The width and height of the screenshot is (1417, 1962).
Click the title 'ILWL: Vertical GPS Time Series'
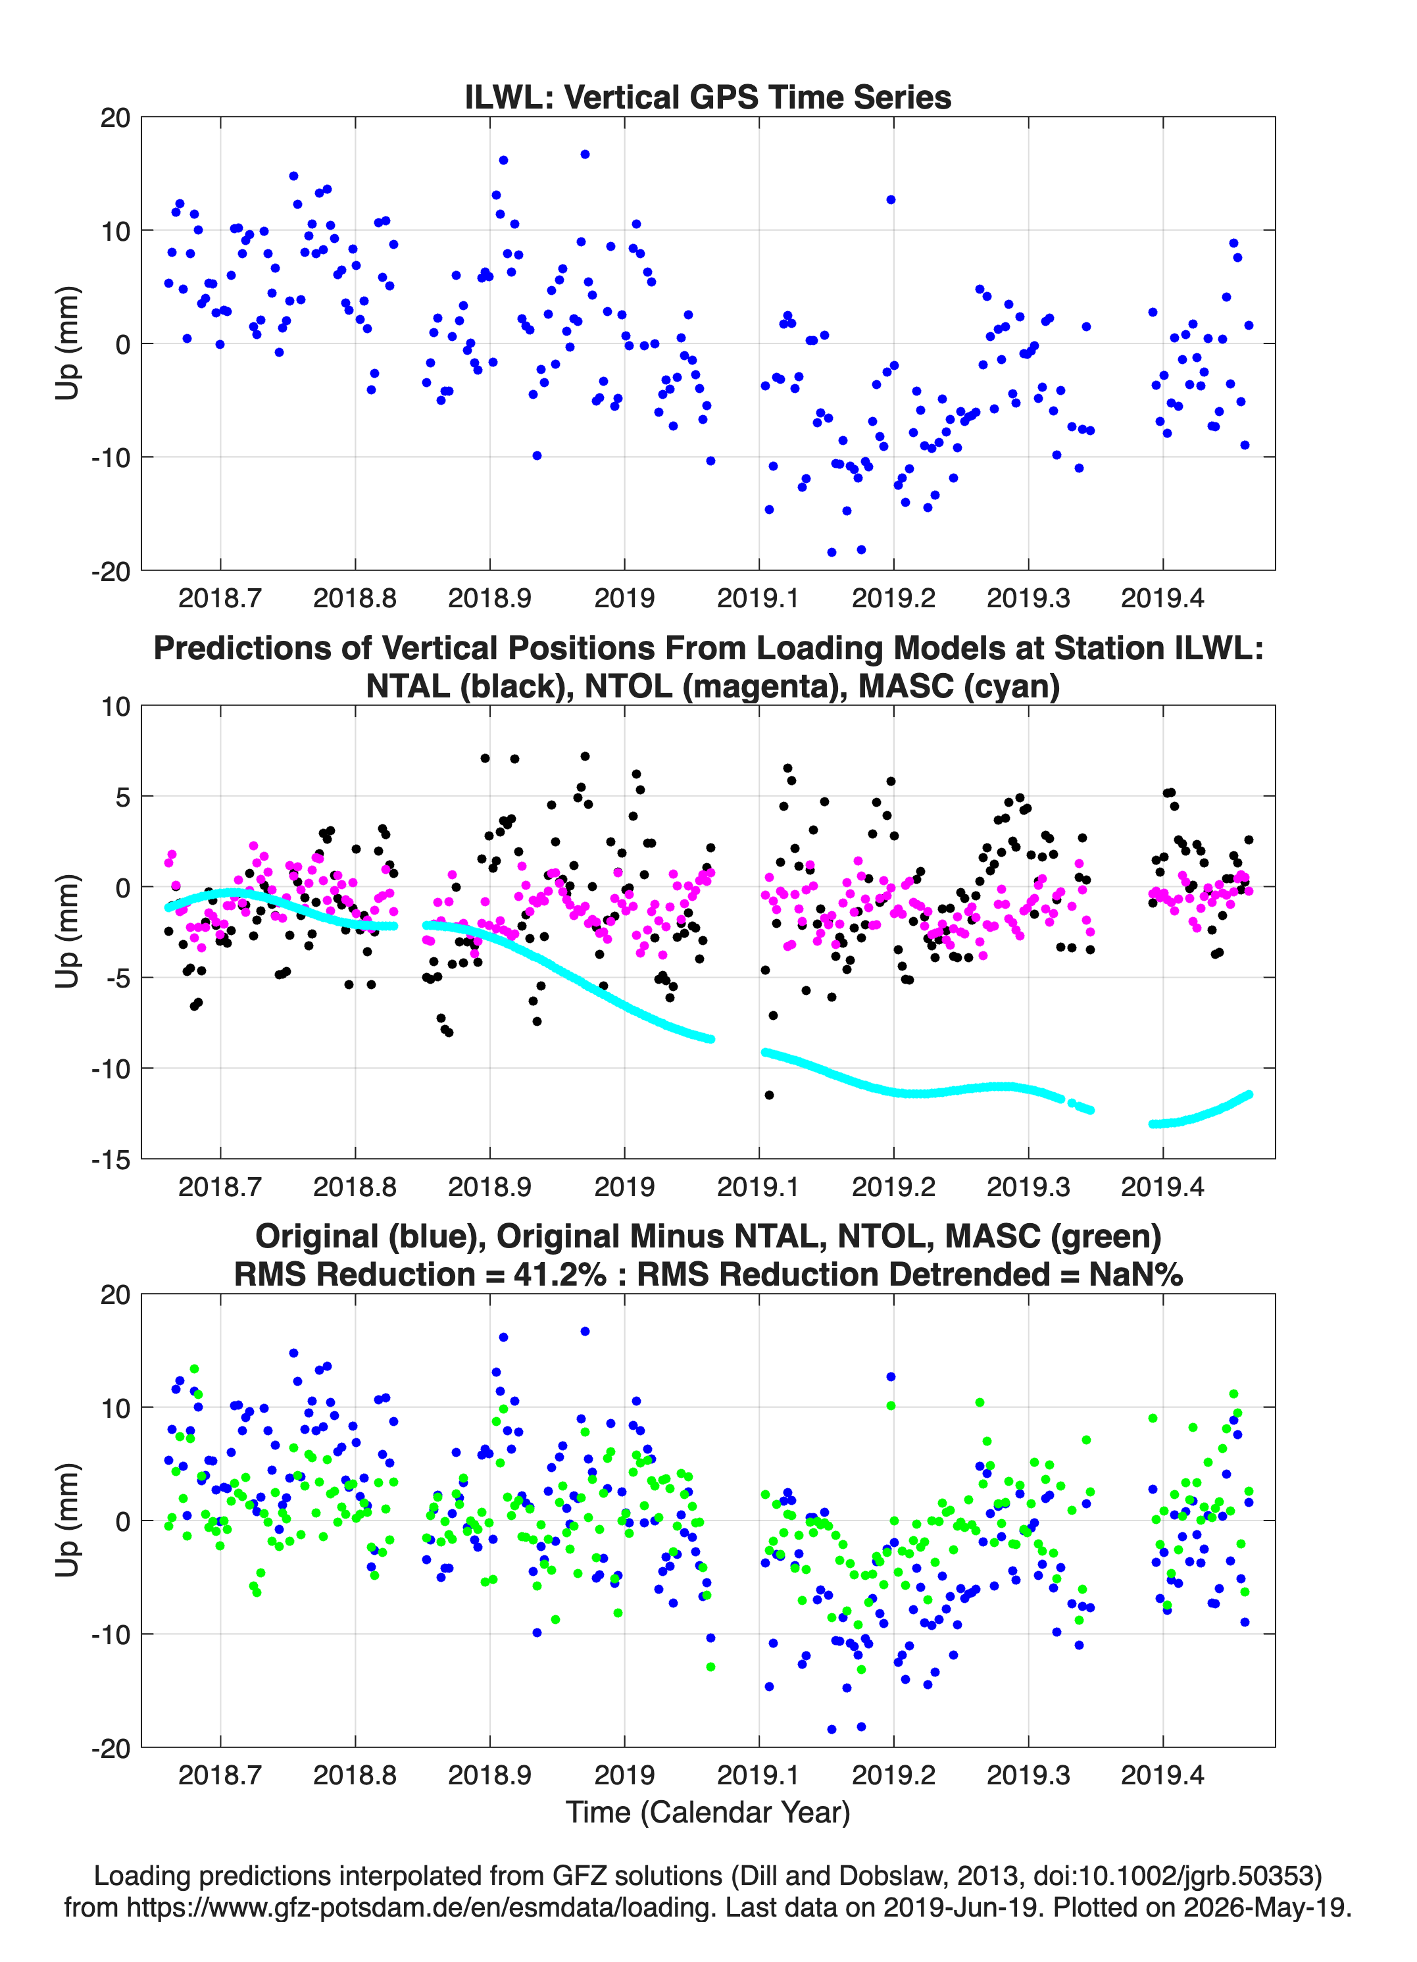pyautogui.click(x=708, y=97)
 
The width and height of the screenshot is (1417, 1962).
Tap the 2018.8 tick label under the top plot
pyautogui.click(x=355, y=598)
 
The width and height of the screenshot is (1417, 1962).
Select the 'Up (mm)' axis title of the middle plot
pyautogui.click(x=68, y=931)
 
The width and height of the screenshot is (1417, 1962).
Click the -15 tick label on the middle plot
pyautogui.click(x=111, y=1159)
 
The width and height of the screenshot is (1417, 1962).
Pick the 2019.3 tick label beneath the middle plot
pyautogui.click(x=1029, y=1186)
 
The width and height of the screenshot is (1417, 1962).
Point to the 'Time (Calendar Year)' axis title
pyautogui.click(x=708, y=1813)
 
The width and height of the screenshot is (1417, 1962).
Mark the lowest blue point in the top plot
pyautogui.click(x=832, y=552)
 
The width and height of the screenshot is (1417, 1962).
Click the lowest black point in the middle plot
pyautogui.click(x=769, y=1095)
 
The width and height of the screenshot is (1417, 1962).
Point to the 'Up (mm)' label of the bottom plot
pyautogui.click(x=68, y=1520)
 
